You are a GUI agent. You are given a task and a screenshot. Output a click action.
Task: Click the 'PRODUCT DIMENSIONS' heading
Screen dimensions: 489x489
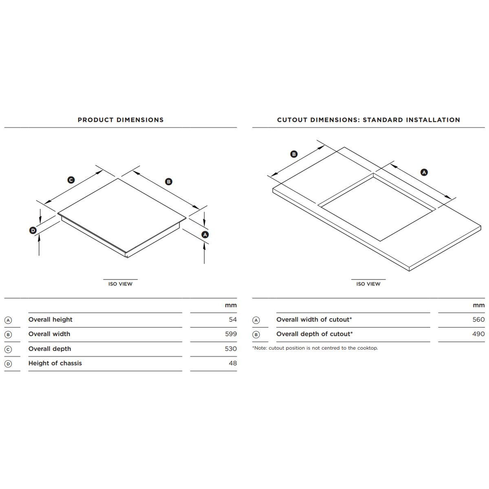pyautogui.click(x=121, y=120)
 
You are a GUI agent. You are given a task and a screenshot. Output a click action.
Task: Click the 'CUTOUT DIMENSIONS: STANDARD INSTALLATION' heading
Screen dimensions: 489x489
pyautogui.click(x=368, y=120)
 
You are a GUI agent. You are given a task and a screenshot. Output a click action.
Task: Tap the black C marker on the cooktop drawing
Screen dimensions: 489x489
pyautogui.click(x=71, y=180)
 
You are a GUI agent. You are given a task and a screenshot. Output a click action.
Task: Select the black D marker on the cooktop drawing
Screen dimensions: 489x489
pyautogui.click(x=33, y=231)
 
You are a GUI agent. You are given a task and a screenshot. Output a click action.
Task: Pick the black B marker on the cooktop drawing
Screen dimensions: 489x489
pyautogui.click(x=169, y=182)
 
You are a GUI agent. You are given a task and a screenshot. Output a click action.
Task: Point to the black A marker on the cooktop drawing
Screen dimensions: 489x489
pyautogui.click(x=205, y=235)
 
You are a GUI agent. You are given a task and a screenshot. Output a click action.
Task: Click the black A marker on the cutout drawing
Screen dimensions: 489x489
pyautogui.click(x=424, y=172)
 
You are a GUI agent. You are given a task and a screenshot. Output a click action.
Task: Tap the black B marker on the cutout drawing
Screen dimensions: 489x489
pyautogui.click(x=294, y=154)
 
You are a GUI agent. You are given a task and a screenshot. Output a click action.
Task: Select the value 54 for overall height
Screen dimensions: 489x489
pyautogui.click(x=232, y=319)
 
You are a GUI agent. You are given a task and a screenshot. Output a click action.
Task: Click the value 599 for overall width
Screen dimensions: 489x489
pyautogui.click(x=231, y=334)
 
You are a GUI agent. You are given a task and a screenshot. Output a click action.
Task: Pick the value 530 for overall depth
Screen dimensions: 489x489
pyautogui.click(x=231, y=349)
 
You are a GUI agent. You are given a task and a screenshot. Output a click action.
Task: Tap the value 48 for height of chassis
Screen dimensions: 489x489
pyautogui.click(x=232, y=363)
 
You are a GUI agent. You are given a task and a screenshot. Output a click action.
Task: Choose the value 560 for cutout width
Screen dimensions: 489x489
pyautogui.click(x=478, y=319)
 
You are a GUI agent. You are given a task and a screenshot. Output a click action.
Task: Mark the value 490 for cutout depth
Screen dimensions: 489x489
pyautogui.click(x=478, y=334)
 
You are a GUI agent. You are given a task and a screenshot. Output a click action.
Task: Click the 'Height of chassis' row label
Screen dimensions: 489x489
pyautogui.click(x=55, y=363)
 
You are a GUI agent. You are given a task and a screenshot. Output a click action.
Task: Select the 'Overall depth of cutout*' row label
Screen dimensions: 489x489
pyautogui.click(x=314, y=334)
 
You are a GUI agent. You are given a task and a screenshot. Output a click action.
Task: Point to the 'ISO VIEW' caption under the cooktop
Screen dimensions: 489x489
pyautogui.click(x=120, y=284)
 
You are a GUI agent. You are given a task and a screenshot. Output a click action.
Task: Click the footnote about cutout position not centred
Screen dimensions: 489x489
pyautogui.click(x=315, y=348)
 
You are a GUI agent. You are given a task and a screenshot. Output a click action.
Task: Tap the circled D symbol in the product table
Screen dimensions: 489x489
pyautogui.click(x=8, y=364)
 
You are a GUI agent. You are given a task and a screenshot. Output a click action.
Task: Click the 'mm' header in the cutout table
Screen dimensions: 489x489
pyautogui.click(x=479, y=305)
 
